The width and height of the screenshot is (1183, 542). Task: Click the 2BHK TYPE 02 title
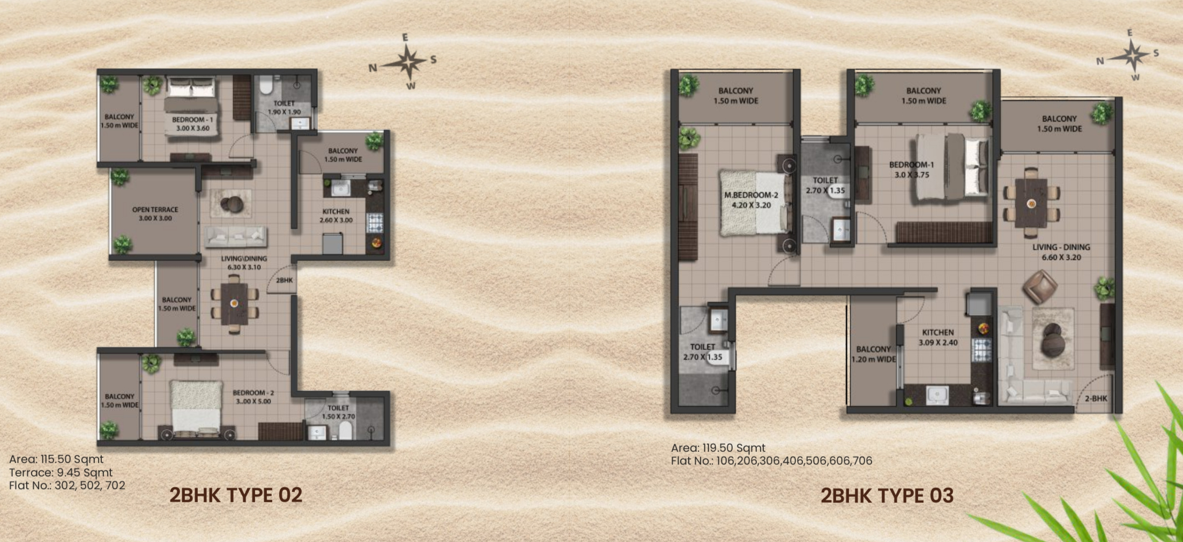236,495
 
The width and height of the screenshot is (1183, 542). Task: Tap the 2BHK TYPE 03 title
887,495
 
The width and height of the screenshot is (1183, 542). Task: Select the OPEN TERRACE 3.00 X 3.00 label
155,214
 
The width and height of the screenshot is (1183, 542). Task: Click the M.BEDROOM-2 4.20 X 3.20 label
751,200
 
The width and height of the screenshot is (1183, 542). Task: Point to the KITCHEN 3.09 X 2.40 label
938,338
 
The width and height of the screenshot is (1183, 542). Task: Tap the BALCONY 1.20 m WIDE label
873,354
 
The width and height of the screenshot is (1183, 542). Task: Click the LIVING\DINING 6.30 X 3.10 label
244,263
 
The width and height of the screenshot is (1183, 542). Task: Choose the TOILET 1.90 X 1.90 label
284,107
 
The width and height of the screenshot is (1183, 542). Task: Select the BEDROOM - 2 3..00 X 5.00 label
253,397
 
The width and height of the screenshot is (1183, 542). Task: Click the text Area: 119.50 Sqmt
718,448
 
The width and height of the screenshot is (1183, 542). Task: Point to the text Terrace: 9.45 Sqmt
61,472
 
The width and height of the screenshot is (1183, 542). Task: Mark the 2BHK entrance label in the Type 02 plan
284,280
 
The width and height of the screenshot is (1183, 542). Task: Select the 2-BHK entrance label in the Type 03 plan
1096,398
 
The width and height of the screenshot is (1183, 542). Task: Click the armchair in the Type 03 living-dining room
1040,286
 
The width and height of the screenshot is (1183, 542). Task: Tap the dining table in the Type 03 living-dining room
1031,203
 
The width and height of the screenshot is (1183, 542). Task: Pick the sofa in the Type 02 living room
236,235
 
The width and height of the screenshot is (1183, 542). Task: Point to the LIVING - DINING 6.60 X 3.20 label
1061,252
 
